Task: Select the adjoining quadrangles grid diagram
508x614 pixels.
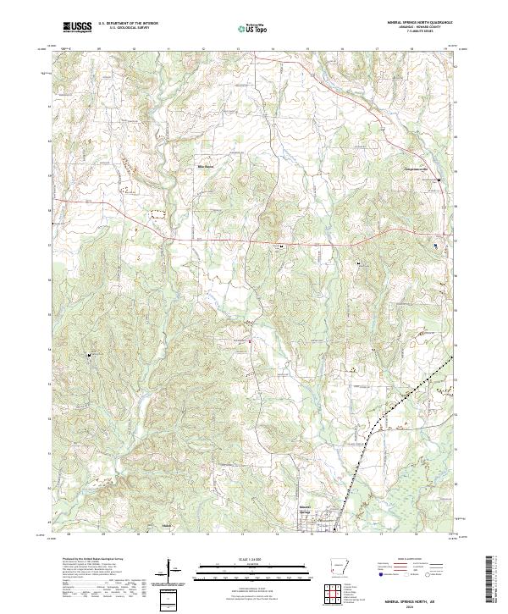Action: tap(336, 594)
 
